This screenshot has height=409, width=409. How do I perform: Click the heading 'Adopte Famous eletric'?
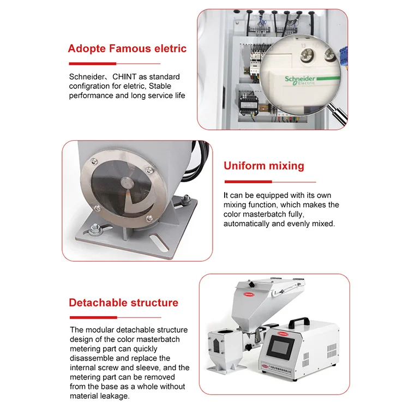[x=127, y=49]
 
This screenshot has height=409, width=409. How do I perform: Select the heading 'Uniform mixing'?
[x=264, y=166]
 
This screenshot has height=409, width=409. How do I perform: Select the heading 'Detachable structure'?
[x=123, y=303]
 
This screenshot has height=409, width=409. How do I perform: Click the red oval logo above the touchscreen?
[x=282, y=330]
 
